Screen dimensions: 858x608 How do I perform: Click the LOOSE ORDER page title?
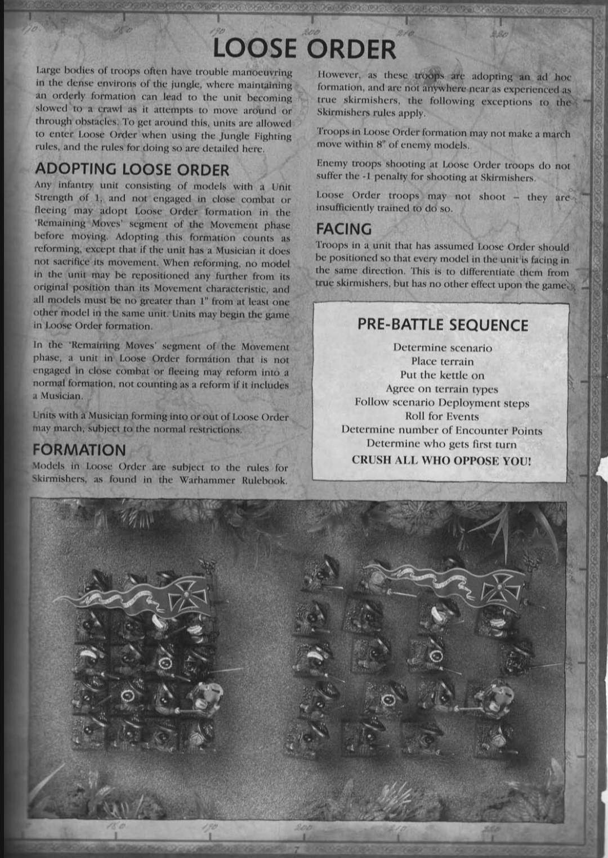304,48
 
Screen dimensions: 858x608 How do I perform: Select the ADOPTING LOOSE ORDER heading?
132,169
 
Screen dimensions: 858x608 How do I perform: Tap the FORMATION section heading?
79,450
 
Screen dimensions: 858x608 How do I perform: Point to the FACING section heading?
343,229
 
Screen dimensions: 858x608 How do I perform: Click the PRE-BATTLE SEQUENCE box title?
442,325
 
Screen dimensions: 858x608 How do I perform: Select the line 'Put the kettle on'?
442,375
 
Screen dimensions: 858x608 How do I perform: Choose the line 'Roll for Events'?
442,417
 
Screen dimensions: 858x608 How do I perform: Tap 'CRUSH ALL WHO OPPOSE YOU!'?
441,460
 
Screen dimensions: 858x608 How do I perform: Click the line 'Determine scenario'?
442,347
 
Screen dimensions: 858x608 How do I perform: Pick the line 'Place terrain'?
442,362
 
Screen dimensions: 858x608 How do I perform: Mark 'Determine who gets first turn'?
441,444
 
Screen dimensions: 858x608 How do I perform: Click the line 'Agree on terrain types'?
442,389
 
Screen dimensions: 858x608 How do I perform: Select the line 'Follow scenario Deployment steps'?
442,403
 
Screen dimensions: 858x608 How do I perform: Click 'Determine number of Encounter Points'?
442,431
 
